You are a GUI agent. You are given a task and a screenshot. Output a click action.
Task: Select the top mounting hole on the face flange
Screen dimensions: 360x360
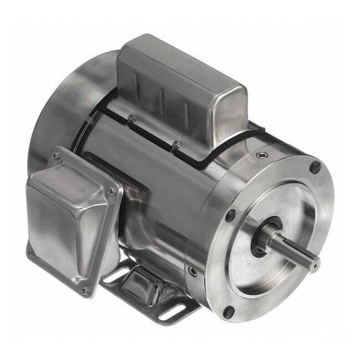point(316,167)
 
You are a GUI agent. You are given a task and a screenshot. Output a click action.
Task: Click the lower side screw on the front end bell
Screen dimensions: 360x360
point(193,271)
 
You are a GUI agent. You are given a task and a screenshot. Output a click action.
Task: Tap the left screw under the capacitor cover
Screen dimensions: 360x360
point(131,117)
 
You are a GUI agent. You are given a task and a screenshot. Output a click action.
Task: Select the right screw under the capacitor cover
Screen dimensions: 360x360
point(177,144)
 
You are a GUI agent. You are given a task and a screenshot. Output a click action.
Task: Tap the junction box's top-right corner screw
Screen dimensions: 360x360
point(111,191)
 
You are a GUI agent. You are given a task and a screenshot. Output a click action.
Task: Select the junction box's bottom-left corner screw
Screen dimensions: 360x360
point(30,253)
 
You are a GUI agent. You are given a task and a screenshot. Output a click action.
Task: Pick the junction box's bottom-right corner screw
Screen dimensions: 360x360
point(84,290)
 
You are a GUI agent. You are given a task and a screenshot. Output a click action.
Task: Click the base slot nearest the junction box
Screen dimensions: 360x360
point(114,274)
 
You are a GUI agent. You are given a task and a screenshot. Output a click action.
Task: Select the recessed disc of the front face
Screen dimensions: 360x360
point(275,231)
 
